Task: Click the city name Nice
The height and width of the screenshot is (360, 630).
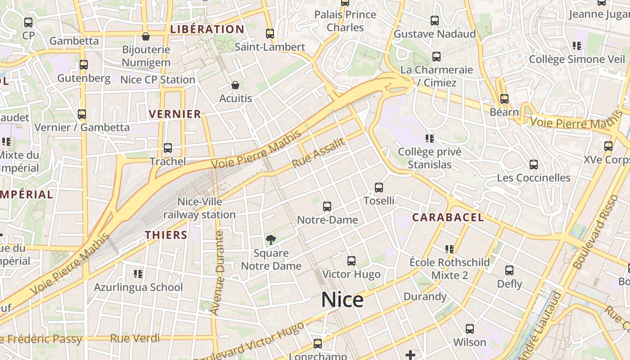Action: (342, 300)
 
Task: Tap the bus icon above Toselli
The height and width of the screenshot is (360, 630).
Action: (379, 188)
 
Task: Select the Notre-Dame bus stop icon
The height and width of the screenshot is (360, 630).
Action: (327, 207)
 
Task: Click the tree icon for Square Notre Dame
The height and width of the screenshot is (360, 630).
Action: (270, 240)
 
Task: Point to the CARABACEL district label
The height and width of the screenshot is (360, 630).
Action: (448, 218)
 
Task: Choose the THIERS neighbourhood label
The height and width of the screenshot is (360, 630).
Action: (166, 235)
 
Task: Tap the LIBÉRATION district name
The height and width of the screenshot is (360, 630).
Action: (207, 30)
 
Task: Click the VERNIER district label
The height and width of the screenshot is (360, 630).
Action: (175, 114)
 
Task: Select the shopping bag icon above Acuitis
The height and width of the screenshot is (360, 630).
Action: (235, 85)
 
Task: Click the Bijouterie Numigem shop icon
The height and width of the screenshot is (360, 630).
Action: (146, 36)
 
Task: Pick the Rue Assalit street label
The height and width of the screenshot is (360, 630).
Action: (319, 153)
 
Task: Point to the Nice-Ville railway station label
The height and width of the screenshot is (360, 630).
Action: (199, 208)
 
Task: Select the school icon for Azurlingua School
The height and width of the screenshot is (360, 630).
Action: (138, 274)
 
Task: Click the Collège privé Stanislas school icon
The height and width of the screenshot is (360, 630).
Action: (429, 138)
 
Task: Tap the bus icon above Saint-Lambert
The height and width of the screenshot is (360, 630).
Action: (270, 34)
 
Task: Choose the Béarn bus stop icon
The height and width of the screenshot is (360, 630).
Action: (504, 99)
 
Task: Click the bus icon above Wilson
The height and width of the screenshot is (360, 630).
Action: (470, 329)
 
